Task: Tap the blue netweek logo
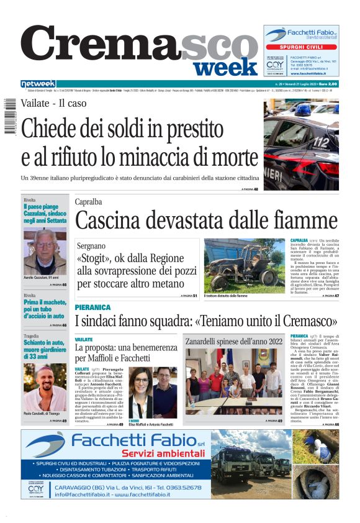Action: pyautogui.click(x=38, y=84)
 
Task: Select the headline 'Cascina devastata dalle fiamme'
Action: pyautogui.click(x=206, y=221)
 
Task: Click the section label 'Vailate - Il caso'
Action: pyautogui.click(x=53, y=103)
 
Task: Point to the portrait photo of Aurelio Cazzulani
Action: pyautogui.click(x=45, y=251)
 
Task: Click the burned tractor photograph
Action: pyautogui.click(x=244, y=266)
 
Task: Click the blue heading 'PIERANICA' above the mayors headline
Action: pyautogui.click(x=92, y=307)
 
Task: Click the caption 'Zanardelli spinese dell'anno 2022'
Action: pyautogui.click(x=233, y=341)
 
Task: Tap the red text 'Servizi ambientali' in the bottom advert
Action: pyautogui.click(x=163, y=453)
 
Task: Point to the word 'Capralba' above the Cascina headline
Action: pyautogui.click(x=89, y=202)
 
